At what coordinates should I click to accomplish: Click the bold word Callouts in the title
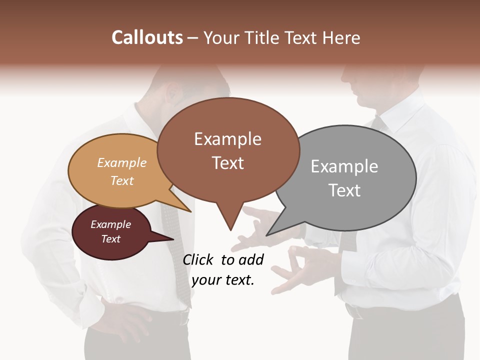(147, 37)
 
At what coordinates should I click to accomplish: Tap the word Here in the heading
(340, 38)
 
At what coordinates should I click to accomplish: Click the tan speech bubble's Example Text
(121, 171)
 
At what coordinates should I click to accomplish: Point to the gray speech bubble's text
(344, 178)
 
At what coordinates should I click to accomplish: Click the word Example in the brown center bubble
(227, 139)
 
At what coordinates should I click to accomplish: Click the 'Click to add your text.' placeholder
(223, 269)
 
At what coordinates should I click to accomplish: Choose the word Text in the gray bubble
(344, 190)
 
